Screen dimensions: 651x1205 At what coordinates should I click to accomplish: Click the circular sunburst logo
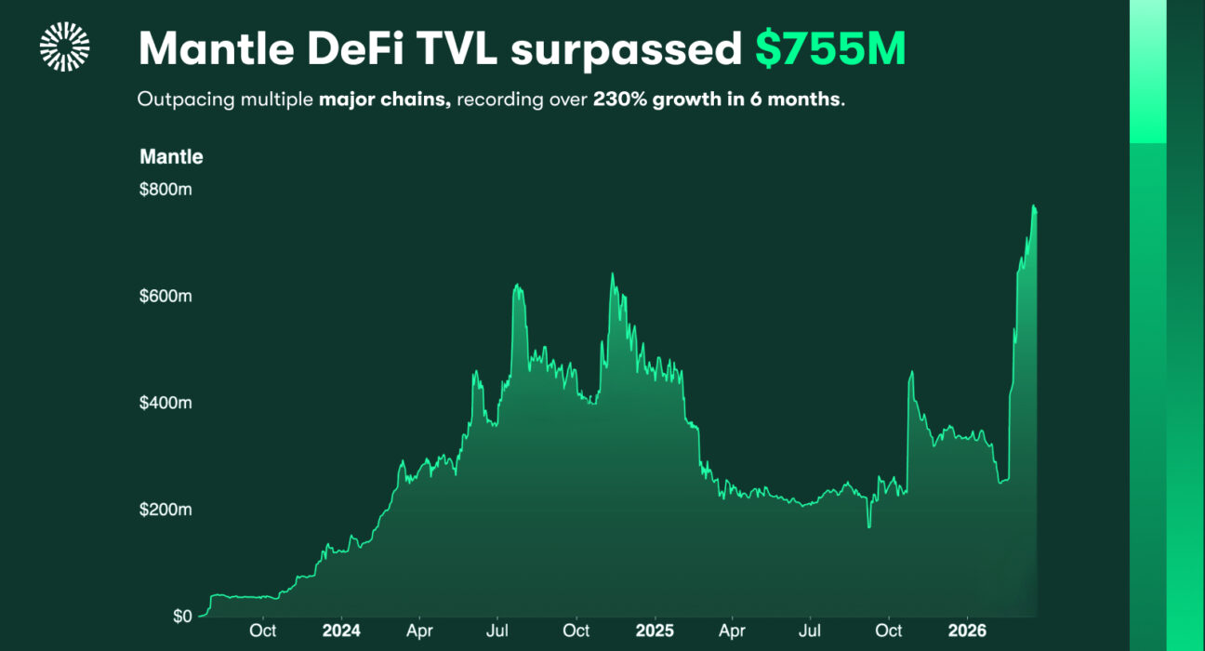pyautogui.click(x=64, y=47)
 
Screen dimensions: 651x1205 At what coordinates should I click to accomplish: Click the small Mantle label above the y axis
pyautogui.click(x=171, y=156)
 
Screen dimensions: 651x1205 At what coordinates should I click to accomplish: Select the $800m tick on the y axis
pyautogui.click(x=166, y=190)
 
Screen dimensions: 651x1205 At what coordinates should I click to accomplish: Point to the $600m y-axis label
pyautogui.click(x=166, y=297)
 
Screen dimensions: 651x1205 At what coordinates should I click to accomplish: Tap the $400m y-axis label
pyautogui.click(x=166, y=404)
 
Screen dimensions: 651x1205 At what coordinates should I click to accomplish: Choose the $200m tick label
pyautogui.click(x=166, y=510)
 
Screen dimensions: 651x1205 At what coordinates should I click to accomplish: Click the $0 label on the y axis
pyautogui.click(x=181, y=617)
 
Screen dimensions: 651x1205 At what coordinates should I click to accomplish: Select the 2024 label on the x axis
pyautogui.click(x=340, y=631)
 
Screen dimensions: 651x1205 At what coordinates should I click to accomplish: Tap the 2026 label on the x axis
pyautogui.click(x=966, y=631)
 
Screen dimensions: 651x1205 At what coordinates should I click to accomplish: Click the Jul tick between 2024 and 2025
pyautogui.click(x=497, y=631)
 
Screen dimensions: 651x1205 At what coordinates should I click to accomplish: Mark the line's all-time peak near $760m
pyautogui.click(x=1034, y=206)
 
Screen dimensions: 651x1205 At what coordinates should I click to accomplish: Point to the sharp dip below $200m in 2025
pyautogui.click(x=869, y=527)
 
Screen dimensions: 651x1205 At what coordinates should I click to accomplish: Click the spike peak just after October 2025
pyautogui.click(x=911, y=372)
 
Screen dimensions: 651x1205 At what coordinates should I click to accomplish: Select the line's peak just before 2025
pyautogui.click(x=612, y=273)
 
